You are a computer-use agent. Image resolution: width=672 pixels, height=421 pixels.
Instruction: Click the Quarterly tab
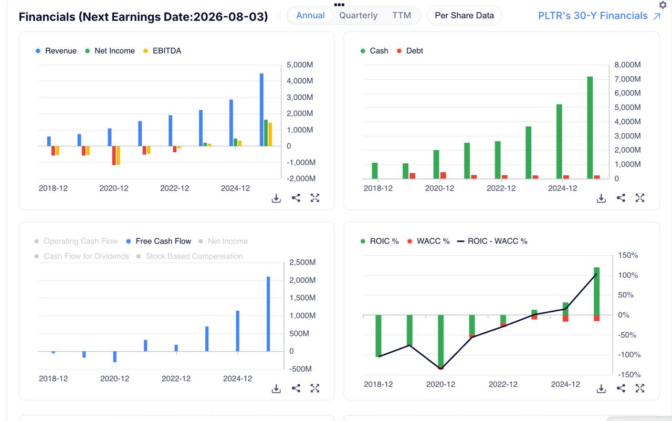coord(358,15)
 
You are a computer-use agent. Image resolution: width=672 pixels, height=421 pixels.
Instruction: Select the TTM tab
coord(402,15)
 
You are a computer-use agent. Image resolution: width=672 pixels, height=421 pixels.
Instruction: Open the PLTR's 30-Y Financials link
coord(599,16)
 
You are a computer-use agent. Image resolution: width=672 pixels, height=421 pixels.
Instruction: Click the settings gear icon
coord(663,5)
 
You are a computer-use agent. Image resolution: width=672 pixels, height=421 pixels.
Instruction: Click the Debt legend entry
coord(410,51)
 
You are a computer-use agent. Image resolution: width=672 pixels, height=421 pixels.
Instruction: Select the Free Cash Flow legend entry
coord(159,241)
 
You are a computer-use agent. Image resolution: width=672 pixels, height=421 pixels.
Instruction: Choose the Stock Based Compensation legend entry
coord(190,256)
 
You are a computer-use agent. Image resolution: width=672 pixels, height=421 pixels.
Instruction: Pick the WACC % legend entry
coord(428,241)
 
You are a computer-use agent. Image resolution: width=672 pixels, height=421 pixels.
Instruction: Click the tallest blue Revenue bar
coord(261,110)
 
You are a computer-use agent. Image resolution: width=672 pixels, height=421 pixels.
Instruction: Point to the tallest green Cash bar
coord(590,128)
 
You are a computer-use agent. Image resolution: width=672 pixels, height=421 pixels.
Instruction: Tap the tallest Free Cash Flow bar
coord(268,314)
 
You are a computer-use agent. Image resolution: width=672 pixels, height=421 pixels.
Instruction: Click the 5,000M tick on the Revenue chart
coord(300,65)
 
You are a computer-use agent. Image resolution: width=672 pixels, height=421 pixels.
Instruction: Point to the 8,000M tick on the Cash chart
coord(627,65)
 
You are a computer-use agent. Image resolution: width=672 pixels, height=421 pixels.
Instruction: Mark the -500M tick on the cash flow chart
coord(301,369)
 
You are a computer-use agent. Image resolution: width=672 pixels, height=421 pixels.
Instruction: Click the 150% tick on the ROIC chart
coord(628,255)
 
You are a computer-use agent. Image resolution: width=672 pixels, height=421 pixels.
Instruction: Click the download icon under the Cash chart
coord(601,198)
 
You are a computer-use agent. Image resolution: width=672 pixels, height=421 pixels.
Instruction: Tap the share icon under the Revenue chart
coord(296,198)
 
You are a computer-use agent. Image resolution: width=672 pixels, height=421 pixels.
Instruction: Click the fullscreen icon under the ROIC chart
coord(640,388)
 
